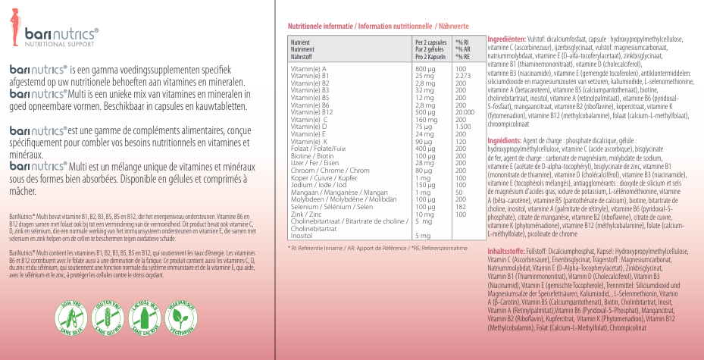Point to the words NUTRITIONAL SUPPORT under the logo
61,45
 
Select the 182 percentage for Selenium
459,207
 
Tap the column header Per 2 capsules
430,42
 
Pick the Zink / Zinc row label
306,214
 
